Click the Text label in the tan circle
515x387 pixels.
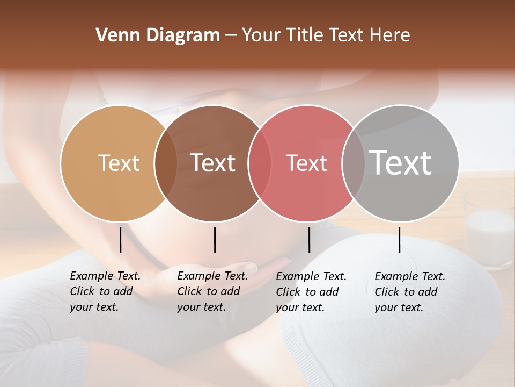[119, 163]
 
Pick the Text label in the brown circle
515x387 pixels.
[213, 163]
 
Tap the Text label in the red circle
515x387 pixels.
[306, 163]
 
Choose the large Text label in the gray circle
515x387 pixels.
[401, 162]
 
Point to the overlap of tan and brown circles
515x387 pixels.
[166, 163]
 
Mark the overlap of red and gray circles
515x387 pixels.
[354, 163]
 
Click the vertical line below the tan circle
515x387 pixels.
[120, 240]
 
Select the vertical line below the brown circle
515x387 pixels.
[215, 240]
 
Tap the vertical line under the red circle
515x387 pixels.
[309, 240]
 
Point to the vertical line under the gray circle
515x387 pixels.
[399, 240]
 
